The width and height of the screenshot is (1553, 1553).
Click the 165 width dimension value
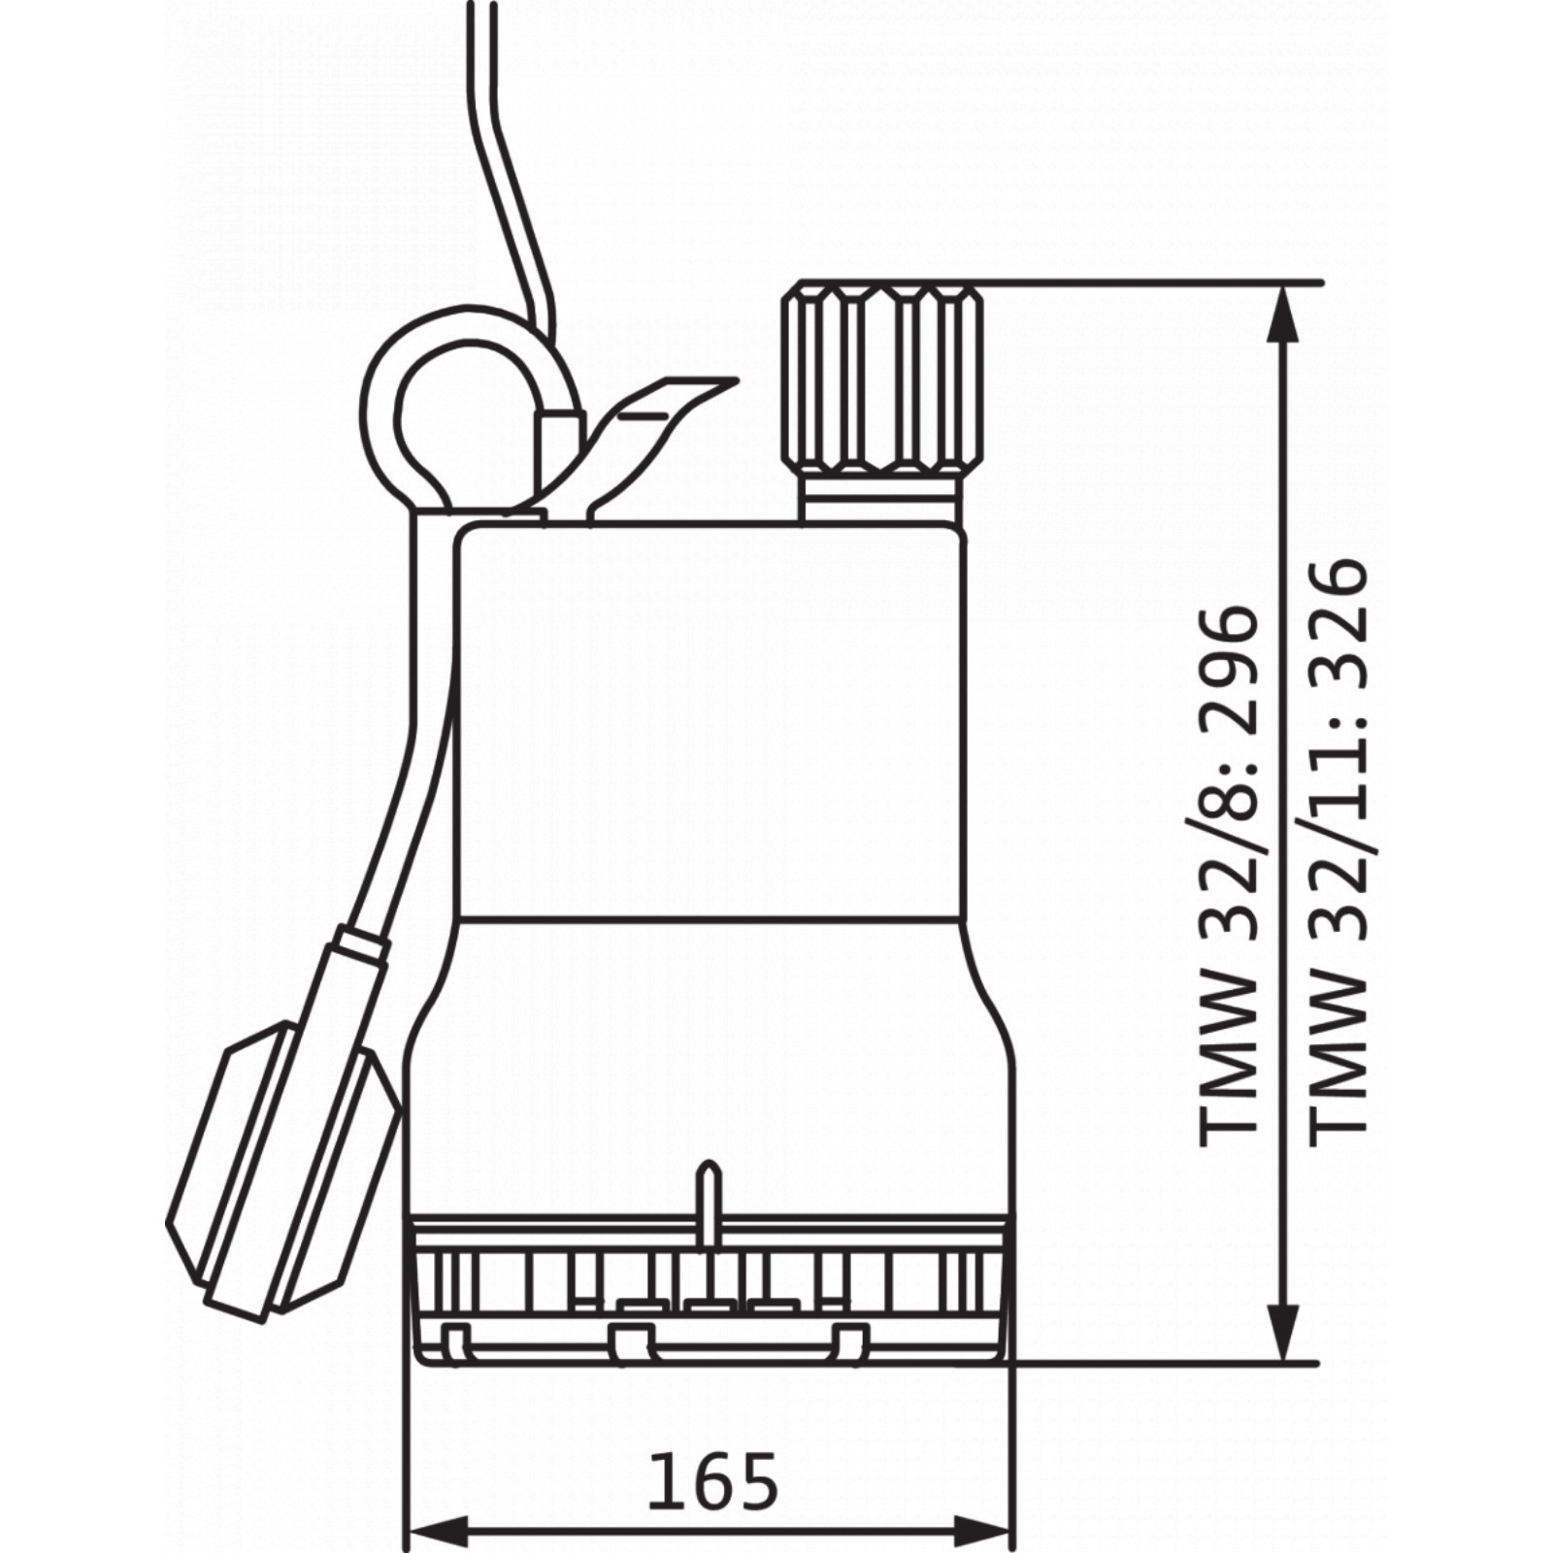(713, 1482)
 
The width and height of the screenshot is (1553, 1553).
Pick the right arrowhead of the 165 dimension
(982, 1532)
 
